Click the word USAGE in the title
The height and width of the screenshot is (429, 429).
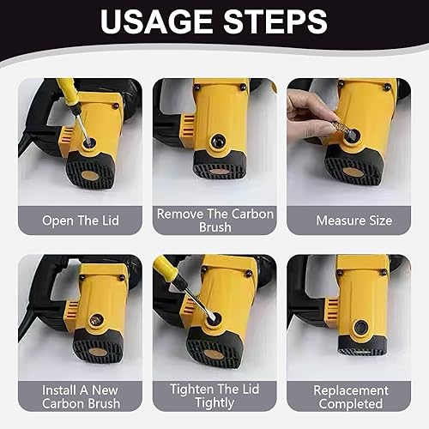(x=156, y=21)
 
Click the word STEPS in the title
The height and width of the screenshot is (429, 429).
(x=275, y=21)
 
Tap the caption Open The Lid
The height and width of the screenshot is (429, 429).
(x=81, y=221)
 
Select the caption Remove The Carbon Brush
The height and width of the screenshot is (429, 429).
(x=215, y=221)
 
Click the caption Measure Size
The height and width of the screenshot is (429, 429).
(x=354, y=221)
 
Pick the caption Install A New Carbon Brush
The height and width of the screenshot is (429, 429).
(x=81, y=396)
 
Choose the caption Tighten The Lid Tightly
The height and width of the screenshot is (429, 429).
(x=214, y=396)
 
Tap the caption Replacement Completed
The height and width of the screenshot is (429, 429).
(x=351, y=397)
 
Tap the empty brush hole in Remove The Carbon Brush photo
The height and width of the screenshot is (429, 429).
(x=218, y=142)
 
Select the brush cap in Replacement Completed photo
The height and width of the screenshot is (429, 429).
(x=360, y=326)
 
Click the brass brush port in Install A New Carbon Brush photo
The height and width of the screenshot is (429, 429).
(x=95, y=320)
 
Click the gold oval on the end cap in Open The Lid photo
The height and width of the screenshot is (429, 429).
(x=90, y=175)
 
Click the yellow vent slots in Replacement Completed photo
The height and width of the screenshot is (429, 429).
(x=333, y=309)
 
